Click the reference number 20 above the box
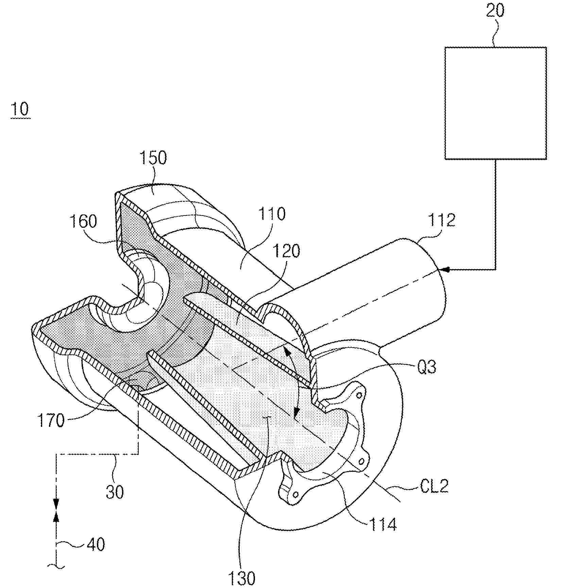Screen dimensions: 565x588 tap(495, 11)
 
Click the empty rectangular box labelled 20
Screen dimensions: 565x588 tap(496, 103)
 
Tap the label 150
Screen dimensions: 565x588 tap(153, 158)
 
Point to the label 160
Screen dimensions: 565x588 tap(83, 221)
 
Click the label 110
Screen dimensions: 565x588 tap(272, 214)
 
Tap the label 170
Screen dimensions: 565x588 tap(51, 421)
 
